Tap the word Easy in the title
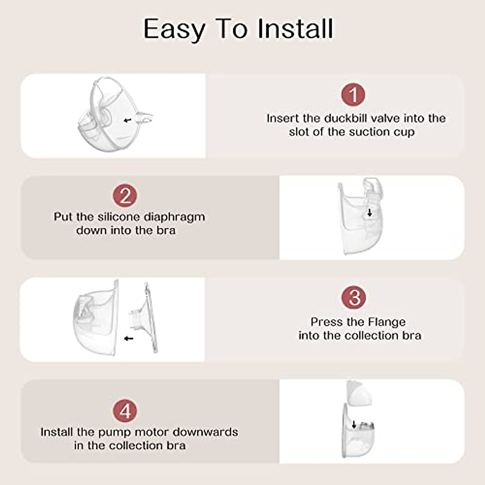[174, 29]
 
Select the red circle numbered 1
[353, 95]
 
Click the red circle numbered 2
[125, 196]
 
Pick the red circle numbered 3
[354, 298]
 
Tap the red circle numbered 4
[125, 411]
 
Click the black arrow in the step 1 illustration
[128, 120]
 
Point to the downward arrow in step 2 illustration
[369, 213]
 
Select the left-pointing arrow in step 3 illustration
[129, 338]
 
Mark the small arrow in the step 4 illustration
[354, 424]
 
